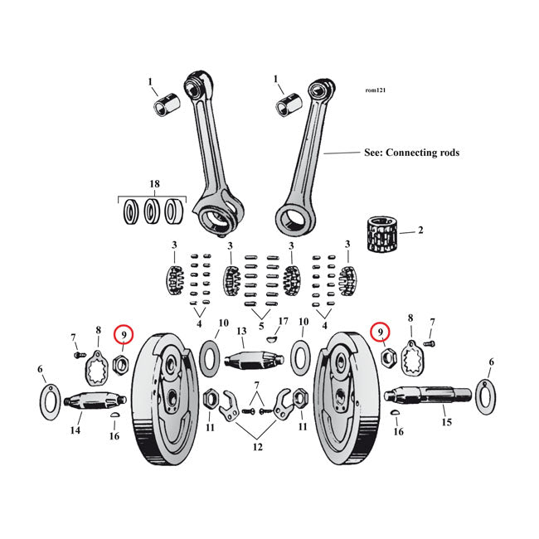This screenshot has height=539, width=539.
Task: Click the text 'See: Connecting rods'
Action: click(400, 153)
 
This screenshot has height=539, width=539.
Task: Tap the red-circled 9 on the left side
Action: click(124, 333)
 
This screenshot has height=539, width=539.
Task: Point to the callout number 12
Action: click(258, 448)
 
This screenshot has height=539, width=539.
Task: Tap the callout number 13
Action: click(242, 332)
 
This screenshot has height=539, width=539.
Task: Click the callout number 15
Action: click(448, 422)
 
